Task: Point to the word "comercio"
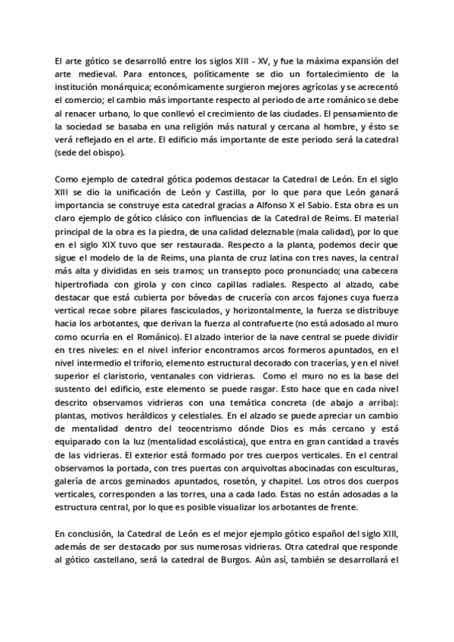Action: coord(91,99)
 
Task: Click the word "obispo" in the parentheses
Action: coord(111,151)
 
